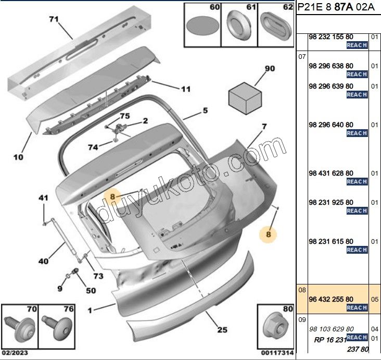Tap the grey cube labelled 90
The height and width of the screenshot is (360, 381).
(245, 97)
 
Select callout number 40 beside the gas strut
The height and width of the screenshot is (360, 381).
(43, 261)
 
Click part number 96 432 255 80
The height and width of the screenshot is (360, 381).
(331, 299)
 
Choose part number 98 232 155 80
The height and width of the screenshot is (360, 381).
(331, 38)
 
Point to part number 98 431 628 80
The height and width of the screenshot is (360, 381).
(331, 173)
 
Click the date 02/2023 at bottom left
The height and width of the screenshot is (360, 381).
(12, 353)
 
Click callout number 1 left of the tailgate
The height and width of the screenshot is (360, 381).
(90, 311)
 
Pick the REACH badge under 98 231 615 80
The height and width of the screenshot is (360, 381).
(357, 250)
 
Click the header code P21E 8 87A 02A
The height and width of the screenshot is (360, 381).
(336, 8)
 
